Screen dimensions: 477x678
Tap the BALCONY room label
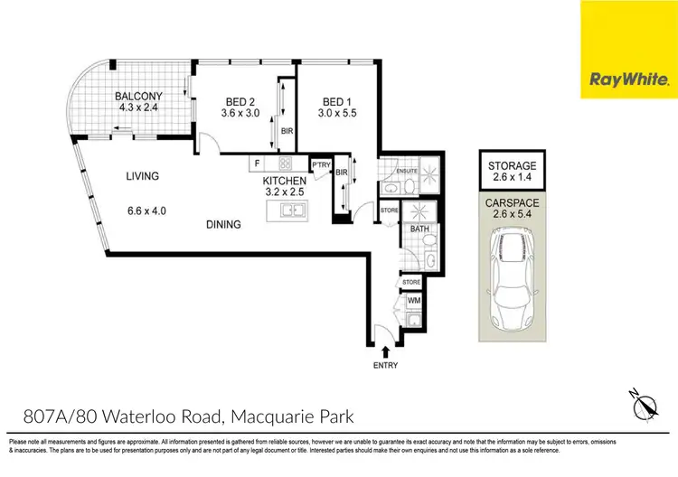point(137,96)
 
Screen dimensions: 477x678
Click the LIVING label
point(143,176)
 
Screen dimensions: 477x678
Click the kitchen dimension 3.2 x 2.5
point(285,192)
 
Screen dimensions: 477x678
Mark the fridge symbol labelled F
point(258,164)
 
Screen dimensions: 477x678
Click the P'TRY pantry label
point(321,164)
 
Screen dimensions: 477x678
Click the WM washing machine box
point(414,300)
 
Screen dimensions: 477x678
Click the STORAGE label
point(513,166)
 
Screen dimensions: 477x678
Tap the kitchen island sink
point(291,211)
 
